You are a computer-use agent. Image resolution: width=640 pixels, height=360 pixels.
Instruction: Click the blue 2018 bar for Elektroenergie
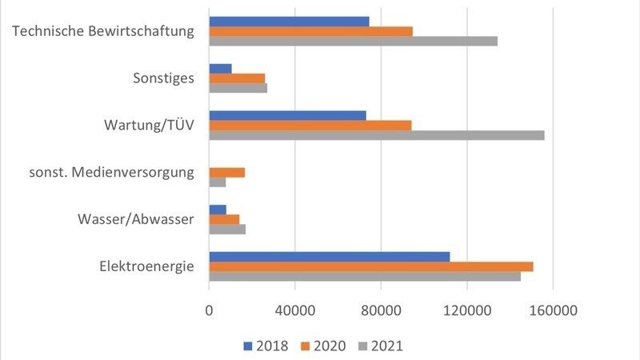click(x=329, y=257)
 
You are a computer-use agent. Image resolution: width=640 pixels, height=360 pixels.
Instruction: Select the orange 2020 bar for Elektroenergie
click(x=370, y=266)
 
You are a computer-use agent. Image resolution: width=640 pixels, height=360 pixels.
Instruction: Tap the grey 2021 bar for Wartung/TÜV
click(x=376, y=135)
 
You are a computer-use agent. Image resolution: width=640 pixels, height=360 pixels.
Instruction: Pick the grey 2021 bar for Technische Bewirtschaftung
click(x=353, y=42)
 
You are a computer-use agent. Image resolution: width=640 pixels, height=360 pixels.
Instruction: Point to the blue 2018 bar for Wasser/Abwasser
click(x=218, y=210)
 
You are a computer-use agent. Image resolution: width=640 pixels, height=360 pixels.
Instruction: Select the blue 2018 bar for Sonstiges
click(x=220, y=69)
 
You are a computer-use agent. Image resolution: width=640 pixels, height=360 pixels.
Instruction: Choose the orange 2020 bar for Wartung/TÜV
click(x=310, y=126)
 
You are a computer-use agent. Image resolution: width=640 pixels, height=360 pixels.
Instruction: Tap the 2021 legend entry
click(x=380, y=346)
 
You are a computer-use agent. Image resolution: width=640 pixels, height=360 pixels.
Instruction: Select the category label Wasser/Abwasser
click(x=135, y=218)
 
